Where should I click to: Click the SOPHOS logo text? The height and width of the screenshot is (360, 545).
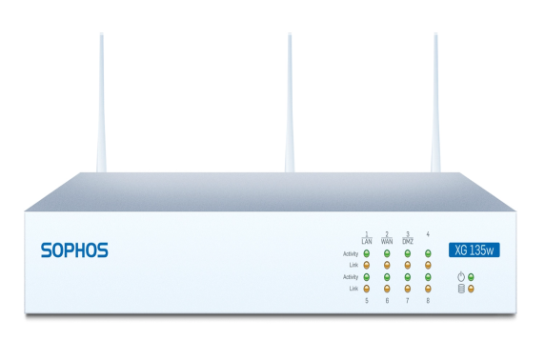[74, 250]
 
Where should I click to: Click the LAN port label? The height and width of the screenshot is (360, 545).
[367, 242]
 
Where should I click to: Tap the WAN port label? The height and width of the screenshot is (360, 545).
[387, 242]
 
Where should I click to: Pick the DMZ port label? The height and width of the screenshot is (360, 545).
[408, 242]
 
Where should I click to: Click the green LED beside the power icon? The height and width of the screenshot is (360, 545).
[471, 277]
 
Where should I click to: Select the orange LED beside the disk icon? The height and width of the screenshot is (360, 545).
[471, 289]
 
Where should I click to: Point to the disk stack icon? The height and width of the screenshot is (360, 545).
[460, 289]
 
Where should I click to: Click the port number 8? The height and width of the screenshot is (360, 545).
[428, 301]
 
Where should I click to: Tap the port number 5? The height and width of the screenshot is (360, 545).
[367, 301]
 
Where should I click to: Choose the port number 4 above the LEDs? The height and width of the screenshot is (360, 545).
[428, 233]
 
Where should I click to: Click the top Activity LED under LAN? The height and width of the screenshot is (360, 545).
[367, 254]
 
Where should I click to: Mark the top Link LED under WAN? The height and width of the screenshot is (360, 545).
[387, 265]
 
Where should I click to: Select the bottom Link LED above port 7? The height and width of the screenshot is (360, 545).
[408, 288]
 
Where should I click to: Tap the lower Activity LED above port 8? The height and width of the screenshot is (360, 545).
[428, 276]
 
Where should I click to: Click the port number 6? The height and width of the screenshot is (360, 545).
[387, 301]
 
